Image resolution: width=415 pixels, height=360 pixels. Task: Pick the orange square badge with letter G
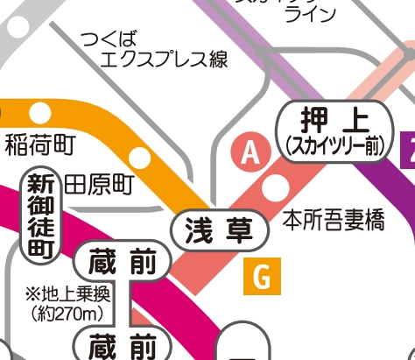pyautogui.click(x=260, y=276)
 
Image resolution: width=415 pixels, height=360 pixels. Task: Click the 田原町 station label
pyautogui.click(x=97, y=184)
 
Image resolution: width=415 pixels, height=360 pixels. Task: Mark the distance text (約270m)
pyautogui.click(x=67, y=311)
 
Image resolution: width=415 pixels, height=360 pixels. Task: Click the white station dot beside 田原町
pyautogui.click(x=141, y=159)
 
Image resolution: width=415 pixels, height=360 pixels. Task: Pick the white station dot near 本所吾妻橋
pyautogui.click(x=277, y=187)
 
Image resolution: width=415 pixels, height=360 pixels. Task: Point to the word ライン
pyautogui.click(x=311, y=14)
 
